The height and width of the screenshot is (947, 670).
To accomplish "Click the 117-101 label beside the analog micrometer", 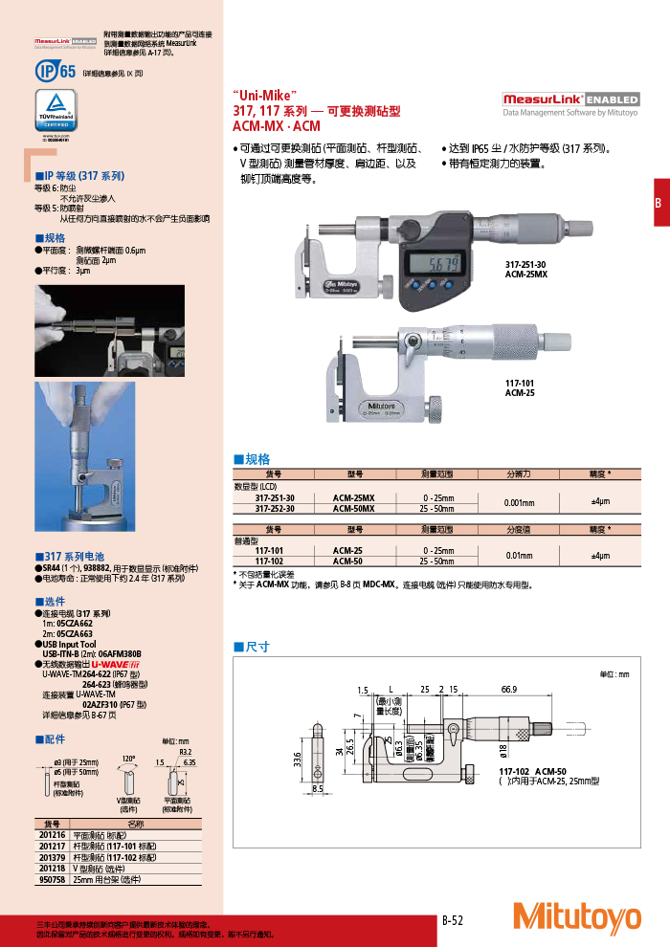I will pos(520,385).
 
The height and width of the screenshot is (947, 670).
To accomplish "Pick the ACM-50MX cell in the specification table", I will pos(354,509).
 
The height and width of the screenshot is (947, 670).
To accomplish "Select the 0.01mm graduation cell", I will pos(520,556).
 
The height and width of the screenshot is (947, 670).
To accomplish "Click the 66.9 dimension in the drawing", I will pos(508,690).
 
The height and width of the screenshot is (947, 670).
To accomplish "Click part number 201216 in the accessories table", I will pos(52,834).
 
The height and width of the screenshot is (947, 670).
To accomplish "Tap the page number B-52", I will pos(453,920).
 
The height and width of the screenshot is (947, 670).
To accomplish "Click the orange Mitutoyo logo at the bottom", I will pos(577,918).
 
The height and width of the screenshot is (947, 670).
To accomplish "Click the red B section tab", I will pos(659,203).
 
